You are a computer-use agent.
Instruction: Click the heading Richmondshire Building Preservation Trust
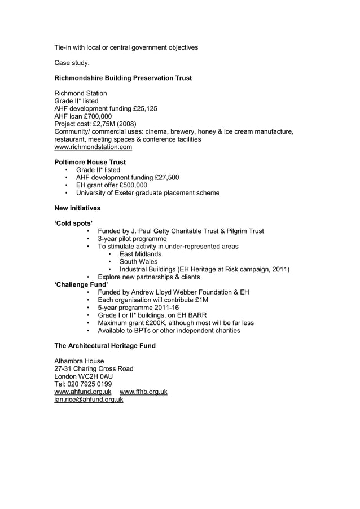122,78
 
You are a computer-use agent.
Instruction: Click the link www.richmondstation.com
93,147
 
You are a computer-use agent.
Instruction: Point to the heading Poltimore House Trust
90,162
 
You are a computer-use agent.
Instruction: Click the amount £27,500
165,177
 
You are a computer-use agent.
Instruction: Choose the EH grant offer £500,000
131,185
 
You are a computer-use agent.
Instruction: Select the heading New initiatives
77,208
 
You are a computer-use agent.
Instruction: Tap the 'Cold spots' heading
73,223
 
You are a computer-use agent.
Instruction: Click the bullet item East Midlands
141,254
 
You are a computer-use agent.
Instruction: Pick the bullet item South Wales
139,262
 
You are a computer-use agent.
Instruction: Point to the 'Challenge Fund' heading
81,284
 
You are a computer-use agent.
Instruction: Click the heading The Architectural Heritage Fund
104,345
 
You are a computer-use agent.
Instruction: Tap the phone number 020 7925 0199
90,384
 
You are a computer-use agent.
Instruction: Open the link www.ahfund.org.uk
82,392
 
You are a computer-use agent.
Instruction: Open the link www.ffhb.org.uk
143,392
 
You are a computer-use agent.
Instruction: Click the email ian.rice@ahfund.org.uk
89,400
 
